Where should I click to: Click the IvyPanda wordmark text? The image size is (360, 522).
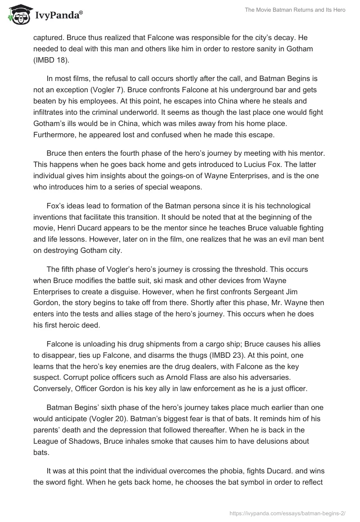[57, 16]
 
